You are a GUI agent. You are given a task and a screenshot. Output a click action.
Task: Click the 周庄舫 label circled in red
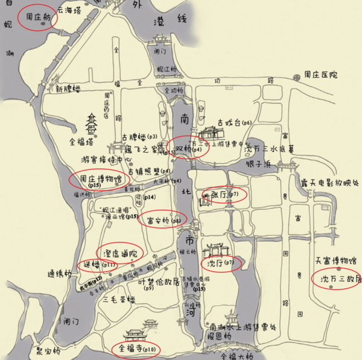[x=37, y=18]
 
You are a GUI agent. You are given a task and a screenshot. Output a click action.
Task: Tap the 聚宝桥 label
[x=48, y=350]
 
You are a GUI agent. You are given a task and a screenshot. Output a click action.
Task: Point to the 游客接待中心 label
[x=106, y=160]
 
